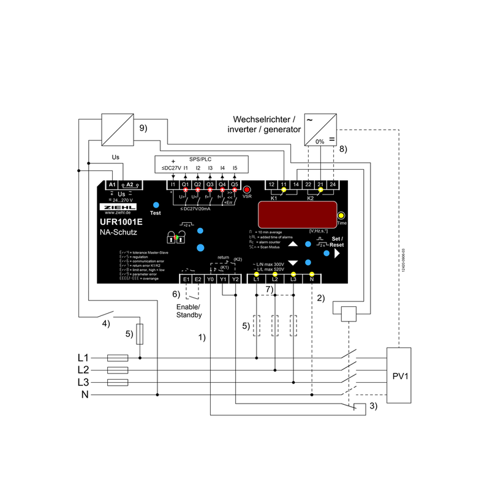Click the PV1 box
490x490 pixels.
point(402,375)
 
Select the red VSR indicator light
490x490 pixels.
point(247,190)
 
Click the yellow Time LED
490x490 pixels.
point(341,216)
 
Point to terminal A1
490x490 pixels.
point(112,184)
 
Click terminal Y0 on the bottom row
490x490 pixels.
point(210,279)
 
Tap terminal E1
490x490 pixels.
point(186,279)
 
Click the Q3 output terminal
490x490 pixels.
point(209,184)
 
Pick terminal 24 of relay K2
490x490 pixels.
point(333,184)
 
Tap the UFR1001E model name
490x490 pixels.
point(122,222)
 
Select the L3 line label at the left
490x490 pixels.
point(83,382)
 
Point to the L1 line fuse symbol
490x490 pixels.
point(118,358)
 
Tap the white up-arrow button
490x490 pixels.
point(293,243)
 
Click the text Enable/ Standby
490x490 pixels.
point(189,311)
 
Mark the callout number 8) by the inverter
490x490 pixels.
point(342,149)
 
